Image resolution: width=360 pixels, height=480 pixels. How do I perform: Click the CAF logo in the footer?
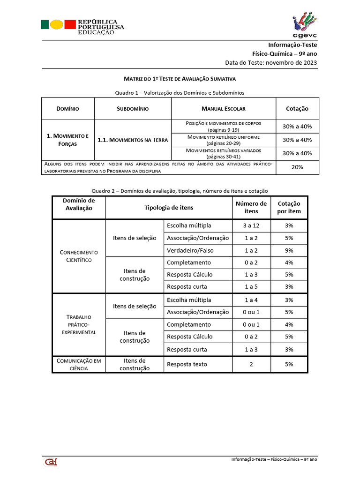click(51, 462)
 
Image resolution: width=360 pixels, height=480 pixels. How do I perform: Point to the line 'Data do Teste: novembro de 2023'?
click(277, 62)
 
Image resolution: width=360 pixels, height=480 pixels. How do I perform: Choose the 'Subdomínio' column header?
click(133, 108)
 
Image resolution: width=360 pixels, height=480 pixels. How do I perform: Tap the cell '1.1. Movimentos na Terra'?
click(133, 140)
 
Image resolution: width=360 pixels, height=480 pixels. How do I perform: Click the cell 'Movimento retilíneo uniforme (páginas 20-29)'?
click(223, 140)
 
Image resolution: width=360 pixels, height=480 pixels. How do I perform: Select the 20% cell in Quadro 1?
click(297, 167)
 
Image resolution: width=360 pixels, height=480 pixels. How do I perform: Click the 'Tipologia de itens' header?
click(169, 208)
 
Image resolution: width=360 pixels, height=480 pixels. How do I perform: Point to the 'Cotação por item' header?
click(289, 208)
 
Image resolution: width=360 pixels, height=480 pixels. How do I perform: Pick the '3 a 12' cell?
click(251, 225)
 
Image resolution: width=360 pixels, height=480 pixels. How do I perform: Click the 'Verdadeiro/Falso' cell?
click(190, 250)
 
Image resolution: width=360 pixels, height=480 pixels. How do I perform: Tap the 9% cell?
click(289, 250)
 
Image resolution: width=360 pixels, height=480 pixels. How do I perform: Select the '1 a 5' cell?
click(251, 286)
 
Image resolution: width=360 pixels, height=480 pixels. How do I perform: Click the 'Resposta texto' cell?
click(187, 364)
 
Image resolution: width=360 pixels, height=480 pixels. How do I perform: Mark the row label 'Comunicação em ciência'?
click(79, 364)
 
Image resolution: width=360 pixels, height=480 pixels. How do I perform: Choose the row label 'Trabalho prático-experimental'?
click(79, 324)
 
